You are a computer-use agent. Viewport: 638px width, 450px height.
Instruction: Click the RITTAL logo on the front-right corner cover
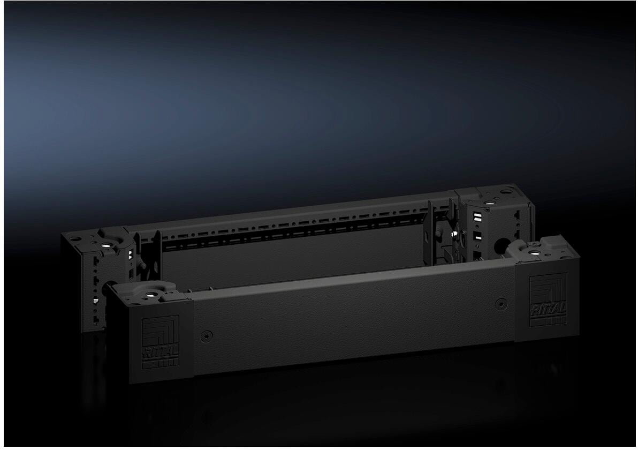548,300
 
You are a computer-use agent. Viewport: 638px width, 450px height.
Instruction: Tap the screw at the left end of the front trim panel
207,336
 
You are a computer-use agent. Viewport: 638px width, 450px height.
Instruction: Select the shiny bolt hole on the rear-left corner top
105,244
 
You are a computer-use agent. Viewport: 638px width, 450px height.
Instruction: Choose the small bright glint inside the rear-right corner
453,233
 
